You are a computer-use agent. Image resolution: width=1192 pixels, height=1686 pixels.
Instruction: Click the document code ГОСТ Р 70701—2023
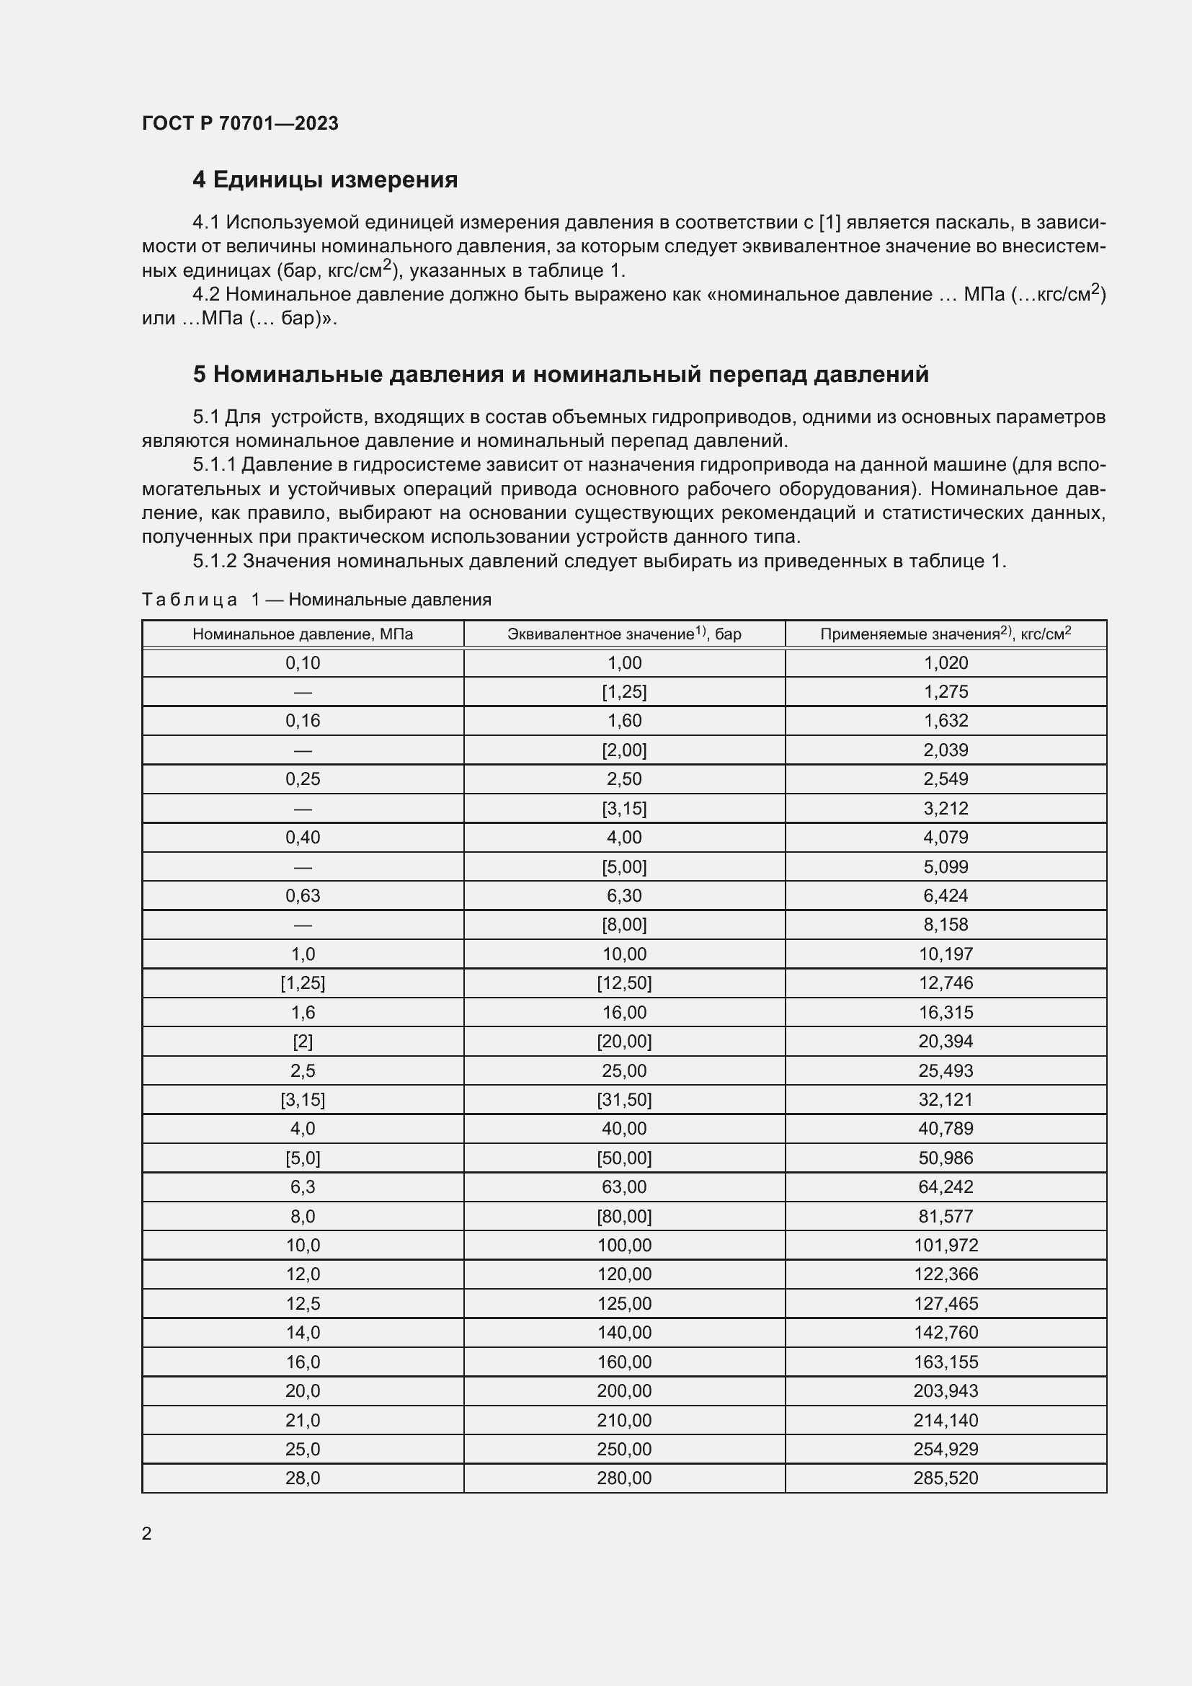click(x=240, y=123)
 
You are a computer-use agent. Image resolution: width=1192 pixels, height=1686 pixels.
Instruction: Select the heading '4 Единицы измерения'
click(x=324, y=179)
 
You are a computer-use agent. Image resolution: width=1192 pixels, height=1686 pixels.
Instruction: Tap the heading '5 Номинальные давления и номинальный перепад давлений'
click(x=561, y=375)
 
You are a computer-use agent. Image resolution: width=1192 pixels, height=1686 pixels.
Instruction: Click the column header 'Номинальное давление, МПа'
click(x=303, y=634)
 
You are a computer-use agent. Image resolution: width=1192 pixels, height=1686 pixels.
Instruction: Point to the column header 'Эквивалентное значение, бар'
click(x=624, y=634)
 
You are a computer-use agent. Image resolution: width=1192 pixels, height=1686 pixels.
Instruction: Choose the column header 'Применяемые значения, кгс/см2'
click(x=946, y=634)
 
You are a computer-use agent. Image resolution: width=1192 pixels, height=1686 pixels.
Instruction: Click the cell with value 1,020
click(x=946, y=663)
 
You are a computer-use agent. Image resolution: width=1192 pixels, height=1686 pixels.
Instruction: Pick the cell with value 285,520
click(x=946, y=1478)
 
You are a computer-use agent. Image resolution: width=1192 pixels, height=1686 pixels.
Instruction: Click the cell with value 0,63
click(x=303, y=896)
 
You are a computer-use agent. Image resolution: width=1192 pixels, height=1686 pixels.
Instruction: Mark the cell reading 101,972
click(x=946, y=1246)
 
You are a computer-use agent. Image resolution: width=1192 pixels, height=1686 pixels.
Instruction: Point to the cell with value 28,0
click(x=303, y=1478)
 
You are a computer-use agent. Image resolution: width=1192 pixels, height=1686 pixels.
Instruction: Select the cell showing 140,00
click(x=624, y=1333)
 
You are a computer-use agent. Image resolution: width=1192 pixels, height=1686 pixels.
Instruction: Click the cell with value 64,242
click(x=946, y=1187)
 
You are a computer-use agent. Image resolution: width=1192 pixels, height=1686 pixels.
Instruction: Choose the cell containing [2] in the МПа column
click(x=303, y=1042)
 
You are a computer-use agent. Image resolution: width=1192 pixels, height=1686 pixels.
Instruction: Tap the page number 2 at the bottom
click(x=147, y=1533)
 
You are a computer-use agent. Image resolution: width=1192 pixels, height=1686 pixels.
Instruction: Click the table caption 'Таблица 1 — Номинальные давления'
click(x=316, y=600)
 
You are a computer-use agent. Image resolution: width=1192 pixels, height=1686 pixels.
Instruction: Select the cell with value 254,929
click(x=946, y=1450)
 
